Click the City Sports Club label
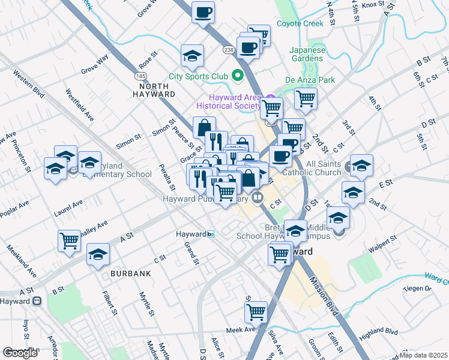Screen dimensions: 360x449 click(x=198, y=76)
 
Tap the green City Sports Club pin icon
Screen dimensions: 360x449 click(x=237, y=76)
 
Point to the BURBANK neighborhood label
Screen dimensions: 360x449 click(x=128, y=274)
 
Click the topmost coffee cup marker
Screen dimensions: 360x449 click(x=203, y=12)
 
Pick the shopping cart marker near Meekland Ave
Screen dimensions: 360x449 click(x=69, y=241)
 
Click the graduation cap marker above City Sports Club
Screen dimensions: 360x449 click(x=192, y=56)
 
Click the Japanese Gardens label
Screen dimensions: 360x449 click(x=307, y=55)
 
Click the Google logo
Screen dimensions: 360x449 click(x=20, y=353)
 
